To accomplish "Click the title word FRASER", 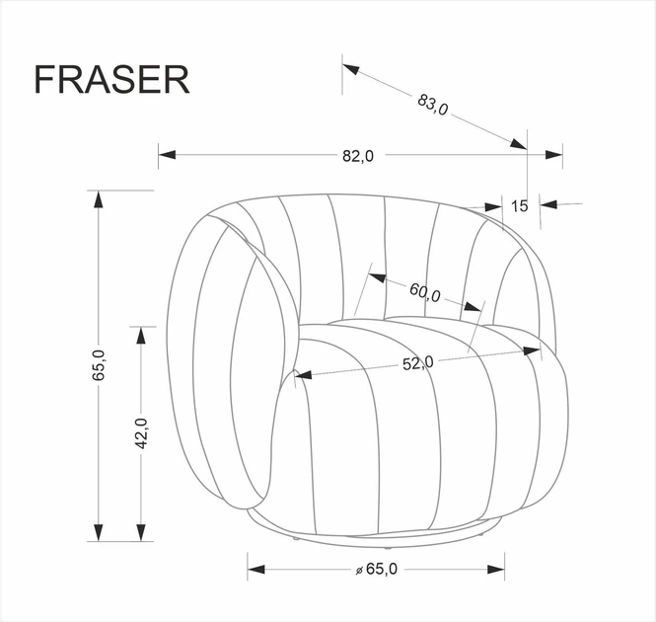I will [x=111, y=80].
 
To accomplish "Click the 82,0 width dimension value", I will [x=358, y=155].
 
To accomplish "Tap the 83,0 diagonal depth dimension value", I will [x=433, y=105].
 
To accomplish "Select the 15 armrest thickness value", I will [x=521, y=205].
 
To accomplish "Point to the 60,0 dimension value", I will [x=424, y=292].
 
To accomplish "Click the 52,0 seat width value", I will [x=417, y=362].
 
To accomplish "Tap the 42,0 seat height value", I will [x=141, y=433].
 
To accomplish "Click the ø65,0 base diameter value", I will [x=375, y=569].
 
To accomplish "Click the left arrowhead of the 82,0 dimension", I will [x=167, y=155].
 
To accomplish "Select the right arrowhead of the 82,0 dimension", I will [x=553, y=154].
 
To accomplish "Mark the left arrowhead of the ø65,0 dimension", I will [x=256, y=569].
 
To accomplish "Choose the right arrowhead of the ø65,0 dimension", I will [x=495, y=569].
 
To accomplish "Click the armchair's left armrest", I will [x=233, y=365].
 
